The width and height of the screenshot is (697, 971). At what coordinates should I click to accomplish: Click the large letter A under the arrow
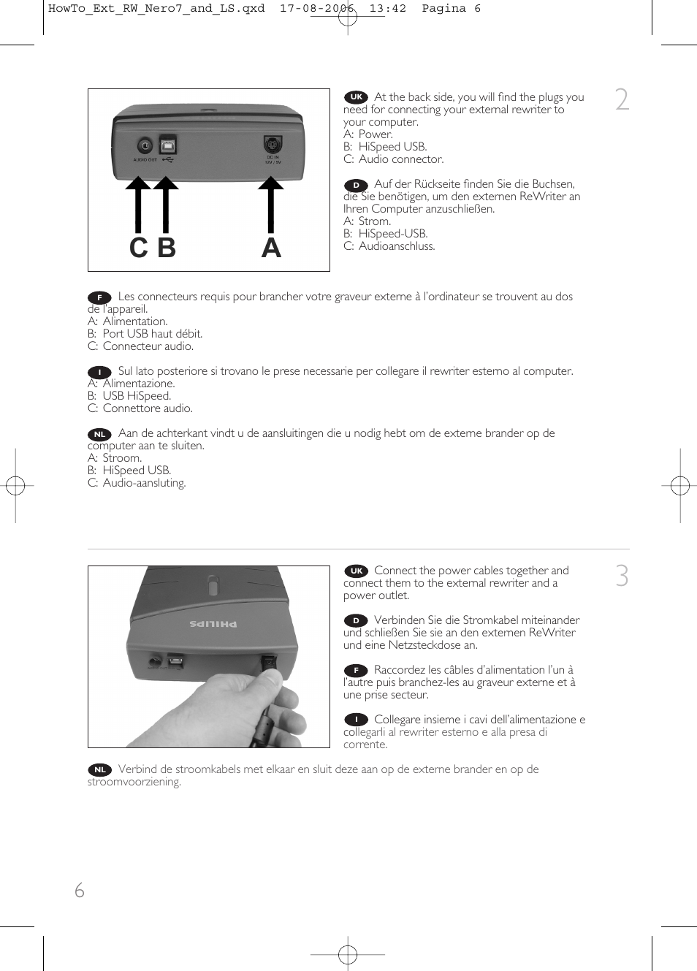coord(271,248)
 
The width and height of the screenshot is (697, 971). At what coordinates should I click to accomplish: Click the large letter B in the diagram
coord(167,248)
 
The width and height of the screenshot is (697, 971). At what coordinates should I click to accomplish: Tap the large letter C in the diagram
coord(138,248)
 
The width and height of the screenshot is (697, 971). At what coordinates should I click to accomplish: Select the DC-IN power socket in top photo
coord(273,145)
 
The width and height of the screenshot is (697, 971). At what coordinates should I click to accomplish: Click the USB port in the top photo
coord(167,144)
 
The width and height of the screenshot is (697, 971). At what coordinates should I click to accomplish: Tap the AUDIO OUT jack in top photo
coord(145,145)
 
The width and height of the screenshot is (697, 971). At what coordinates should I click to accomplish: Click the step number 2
coord(622,99)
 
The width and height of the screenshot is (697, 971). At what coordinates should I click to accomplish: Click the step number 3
coord(622,576)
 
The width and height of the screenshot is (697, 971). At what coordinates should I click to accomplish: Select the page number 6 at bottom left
coord(80,890)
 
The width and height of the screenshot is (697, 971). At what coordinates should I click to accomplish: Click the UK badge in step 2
coord(356,96)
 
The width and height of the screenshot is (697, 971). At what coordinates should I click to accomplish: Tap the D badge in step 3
coord(356,620)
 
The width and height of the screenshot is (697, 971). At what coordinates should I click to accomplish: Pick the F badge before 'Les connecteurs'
coord(99,297)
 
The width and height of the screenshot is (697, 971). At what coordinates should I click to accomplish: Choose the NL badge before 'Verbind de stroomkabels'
coord(99,769)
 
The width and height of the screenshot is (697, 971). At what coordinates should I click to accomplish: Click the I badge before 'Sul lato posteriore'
coord(99,372)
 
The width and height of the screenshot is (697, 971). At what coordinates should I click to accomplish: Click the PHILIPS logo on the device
coord(213,623)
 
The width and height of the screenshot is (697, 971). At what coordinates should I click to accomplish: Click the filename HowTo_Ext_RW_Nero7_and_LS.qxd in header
coord(156,9)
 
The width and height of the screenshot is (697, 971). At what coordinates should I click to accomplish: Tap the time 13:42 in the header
coord(387,9)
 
